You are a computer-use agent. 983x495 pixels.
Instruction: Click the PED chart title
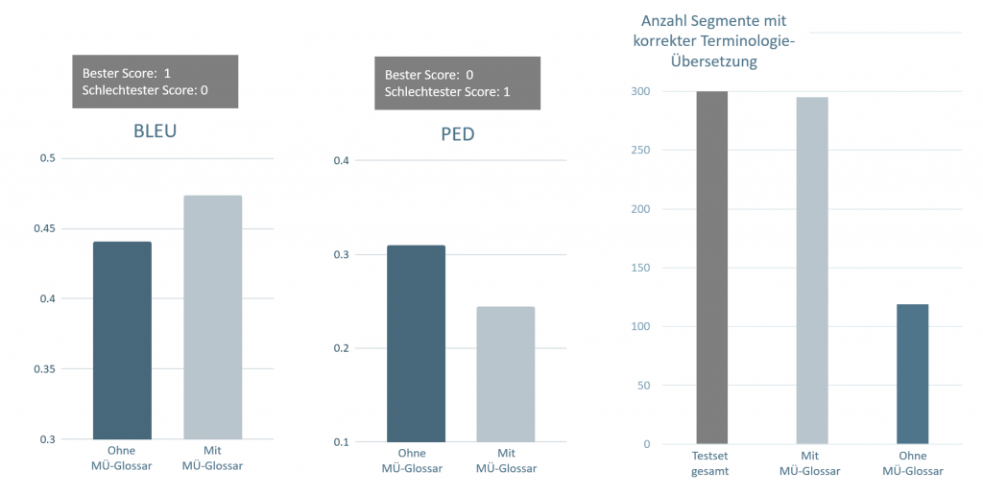coord(450,134)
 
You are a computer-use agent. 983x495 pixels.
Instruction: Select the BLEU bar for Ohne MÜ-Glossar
coord(122,341)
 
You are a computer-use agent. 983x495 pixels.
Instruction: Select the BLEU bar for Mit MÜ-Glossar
coord(212,317)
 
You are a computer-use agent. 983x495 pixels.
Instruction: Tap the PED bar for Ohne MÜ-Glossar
coord(416,343)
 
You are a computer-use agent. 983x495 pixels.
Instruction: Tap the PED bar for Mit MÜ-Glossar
coord(506,374)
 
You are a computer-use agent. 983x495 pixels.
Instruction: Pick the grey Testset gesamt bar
coord(712,268)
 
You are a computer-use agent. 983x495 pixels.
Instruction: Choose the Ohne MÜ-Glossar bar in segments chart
coord(912,374)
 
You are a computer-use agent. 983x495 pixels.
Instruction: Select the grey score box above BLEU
coord(155,81)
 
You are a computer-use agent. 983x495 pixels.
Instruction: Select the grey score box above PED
coord(458,82)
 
